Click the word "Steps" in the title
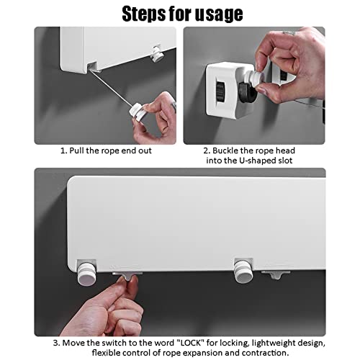click(x=144, y=14)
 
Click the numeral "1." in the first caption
click(x=63, y=150)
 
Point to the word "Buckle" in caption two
click(x=225, y=150)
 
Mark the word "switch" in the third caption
click(x=114, y=343)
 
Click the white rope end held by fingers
click(x=138, y=111)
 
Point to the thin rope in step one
click(x=110, y=89)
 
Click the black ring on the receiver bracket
click(x=248, y=92)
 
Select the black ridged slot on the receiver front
click(x=220, y=91)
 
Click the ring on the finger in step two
click(x=289, y=32)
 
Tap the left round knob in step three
click(x=86, y=274)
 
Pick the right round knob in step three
click(x=243, y=271)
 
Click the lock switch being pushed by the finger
click(x=127, y=276)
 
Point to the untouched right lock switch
click(x=276, y=274)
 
